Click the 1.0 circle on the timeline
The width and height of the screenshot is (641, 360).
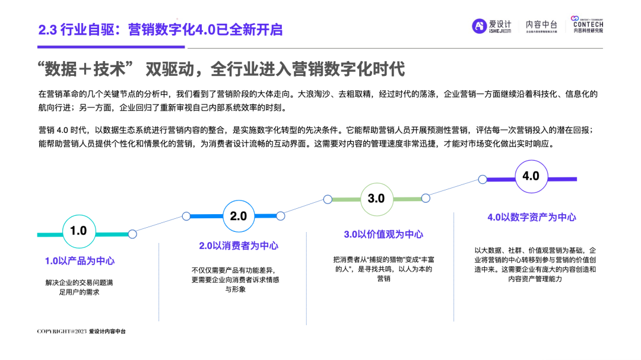78,231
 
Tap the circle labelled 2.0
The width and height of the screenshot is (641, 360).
238,216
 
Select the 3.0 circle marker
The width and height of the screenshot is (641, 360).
376,198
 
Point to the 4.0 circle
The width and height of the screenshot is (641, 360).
530,176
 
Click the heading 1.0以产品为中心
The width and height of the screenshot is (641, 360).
80,260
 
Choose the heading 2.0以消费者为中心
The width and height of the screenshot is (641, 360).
238,246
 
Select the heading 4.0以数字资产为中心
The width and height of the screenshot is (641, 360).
531,217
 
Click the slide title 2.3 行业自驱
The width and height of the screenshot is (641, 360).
160,29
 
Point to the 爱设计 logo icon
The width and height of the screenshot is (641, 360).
480,26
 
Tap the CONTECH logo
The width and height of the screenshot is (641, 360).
588,25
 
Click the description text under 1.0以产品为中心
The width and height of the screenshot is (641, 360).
79,287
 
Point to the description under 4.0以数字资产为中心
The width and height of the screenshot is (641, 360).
530,265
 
